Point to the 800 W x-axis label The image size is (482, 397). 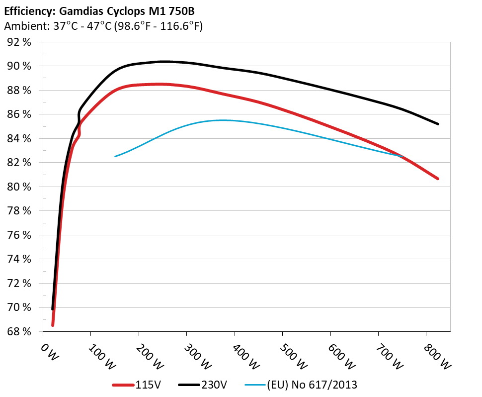point(437,356)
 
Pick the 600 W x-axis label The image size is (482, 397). point(342,356)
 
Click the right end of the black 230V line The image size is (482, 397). point(438,124)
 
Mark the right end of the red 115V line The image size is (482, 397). point(438,179)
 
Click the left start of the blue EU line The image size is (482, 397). point(115,156)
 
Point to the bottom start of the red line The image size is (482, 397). point(53,325)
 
